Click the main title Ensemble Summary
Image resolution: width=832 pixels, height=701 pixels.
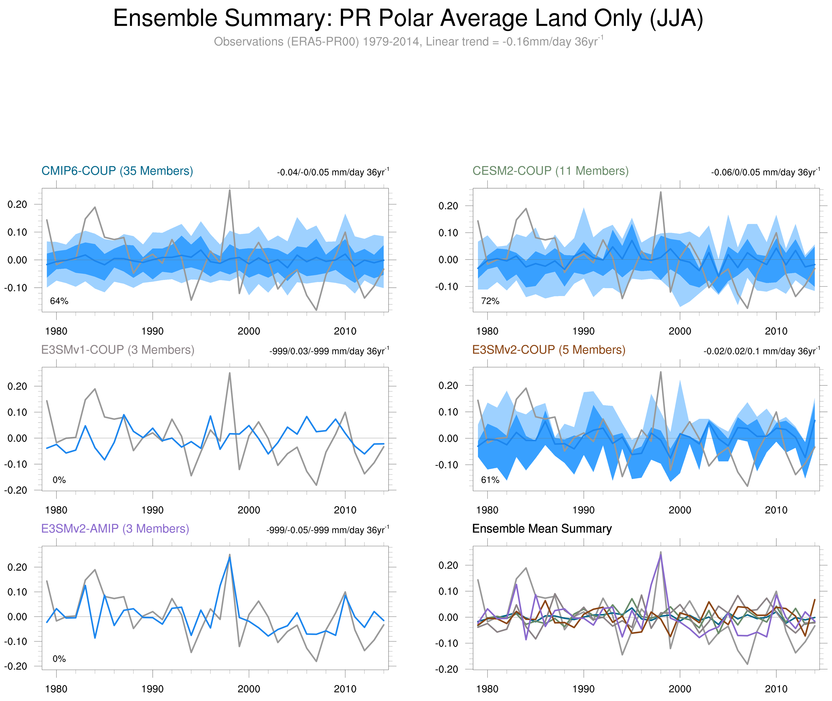(x=408, y=19)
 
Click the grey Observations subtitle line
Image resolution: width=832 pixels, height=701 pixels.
(x=408, y=42)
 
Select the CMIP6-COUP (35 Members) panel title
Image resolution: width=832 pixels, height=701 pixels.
(x=117, y=171)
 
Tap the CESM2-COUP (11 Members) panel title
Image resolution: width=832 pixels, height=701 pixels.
(x=550, y=171)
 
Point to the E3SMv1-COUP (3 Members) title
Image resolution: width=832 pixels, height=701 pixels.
(x=118, y=350)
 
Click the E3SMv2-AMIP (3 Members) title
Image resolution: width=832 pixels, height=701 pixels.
(x=115, y=529)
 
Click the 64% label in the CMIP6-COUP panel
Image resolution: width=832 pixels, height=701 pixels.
(x=59, y=301)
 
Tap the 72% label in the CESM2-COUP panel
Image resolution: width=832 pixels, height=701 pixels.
(x=490, y=301)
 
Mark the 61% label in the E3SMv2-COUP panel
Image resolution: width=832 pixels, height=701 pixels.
(x=490, y=480)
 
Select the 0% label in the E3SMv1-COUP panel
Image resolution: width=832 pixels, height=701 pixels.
(x=59, y=480)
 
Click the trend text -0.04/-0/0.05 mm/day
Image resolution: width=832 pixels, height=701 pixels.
(x=333, y=172)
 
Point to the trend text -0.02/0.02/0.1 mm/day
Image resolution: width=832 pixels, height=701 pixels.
(x=762, y=351)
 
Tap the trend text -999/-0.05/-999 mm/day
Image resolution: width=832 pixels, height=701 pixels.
(x=328, y=530)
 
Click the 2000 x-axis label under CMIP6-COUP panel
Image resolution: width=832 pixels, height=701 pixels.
(x=249, y=331)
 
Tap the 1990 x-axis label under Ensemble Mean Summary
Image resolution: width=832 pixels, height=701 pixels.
(x=583, y=689)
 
